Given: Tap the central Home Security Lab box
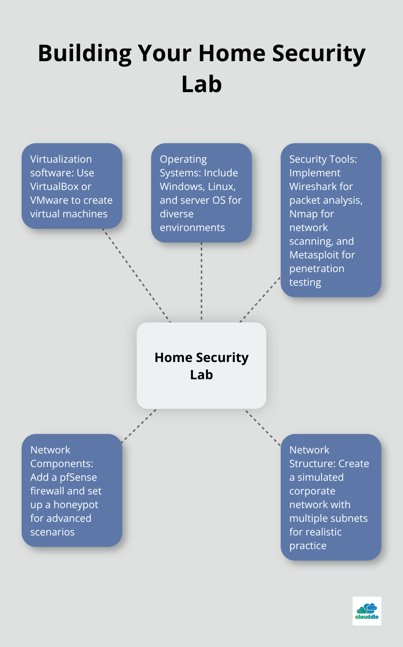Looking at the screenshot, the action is [201, 366].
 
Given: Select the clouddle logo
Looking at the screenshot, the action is [367, 611].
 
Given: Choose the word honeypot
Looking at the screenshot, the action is [76, 505].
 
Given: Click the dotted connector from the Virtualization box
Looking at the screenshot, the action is [137, 275].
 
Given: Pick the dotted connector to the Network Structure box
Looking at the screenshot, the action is [262, 427].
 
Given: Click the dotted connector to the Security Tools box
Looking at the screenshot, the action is [260, 300].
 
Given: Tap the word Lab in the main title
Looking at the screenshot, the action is [201, 85].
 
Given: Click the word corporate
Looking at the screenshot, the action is [312, 491].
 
